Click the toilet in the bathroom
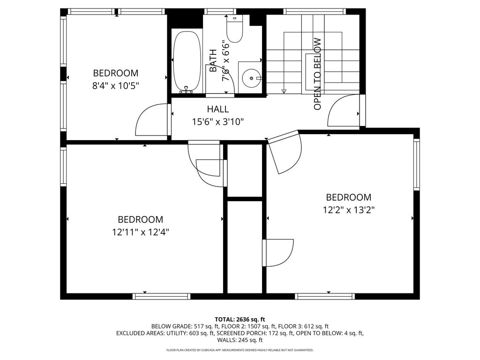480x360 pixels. (234, 29)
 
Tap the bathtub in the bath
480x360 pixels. (187, 61)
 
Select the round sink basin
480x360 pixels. (251, 78)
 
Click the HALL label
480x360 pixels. (217, 109)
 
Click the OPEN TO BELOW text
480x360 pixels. (317, 74)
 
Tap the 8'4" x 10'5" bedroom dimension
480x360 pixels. (116, 86)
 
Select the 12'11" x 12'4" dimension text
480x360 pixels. (141, 232)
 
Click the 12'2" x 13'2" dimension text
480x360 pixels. (349, 210)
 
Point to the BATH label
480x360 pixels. (213, 60)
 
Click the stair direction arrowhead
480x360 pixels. (284, 91)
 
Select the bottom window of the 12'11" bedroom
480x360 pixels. (161, 296)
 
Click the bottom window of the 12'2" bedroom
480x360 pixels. (325, 296)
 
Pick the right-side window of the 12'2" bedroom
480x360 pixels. (416, 165)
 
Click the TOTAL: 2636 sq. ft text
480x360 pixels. (240, 320)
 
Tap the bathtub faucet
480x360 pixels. (186, 90)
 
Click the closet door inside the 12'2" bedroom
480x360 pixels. (278, 253)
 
